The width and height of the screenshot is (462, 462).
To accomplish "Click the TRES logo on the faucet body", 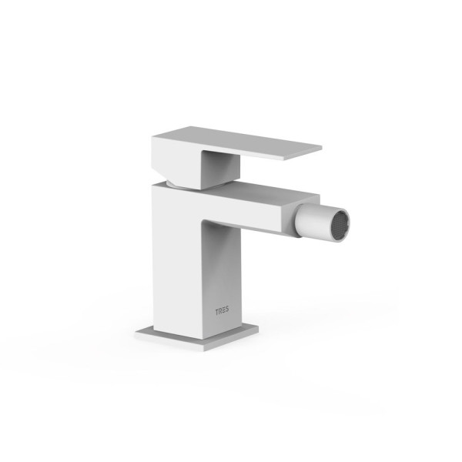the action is click(x=222, y=312).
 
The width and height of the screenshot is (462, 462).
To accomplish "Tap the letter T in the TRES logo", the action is click(x=217, y=312).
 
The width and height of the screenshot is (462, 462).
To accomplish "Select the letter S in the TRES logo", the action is click(x=226, y=311).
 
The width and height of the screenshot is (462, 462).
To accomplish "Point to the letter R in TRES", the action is click(x=220, y=312).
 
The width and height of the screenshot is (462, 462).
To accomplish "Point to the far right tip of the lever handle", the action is click(x=322, y=146).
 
